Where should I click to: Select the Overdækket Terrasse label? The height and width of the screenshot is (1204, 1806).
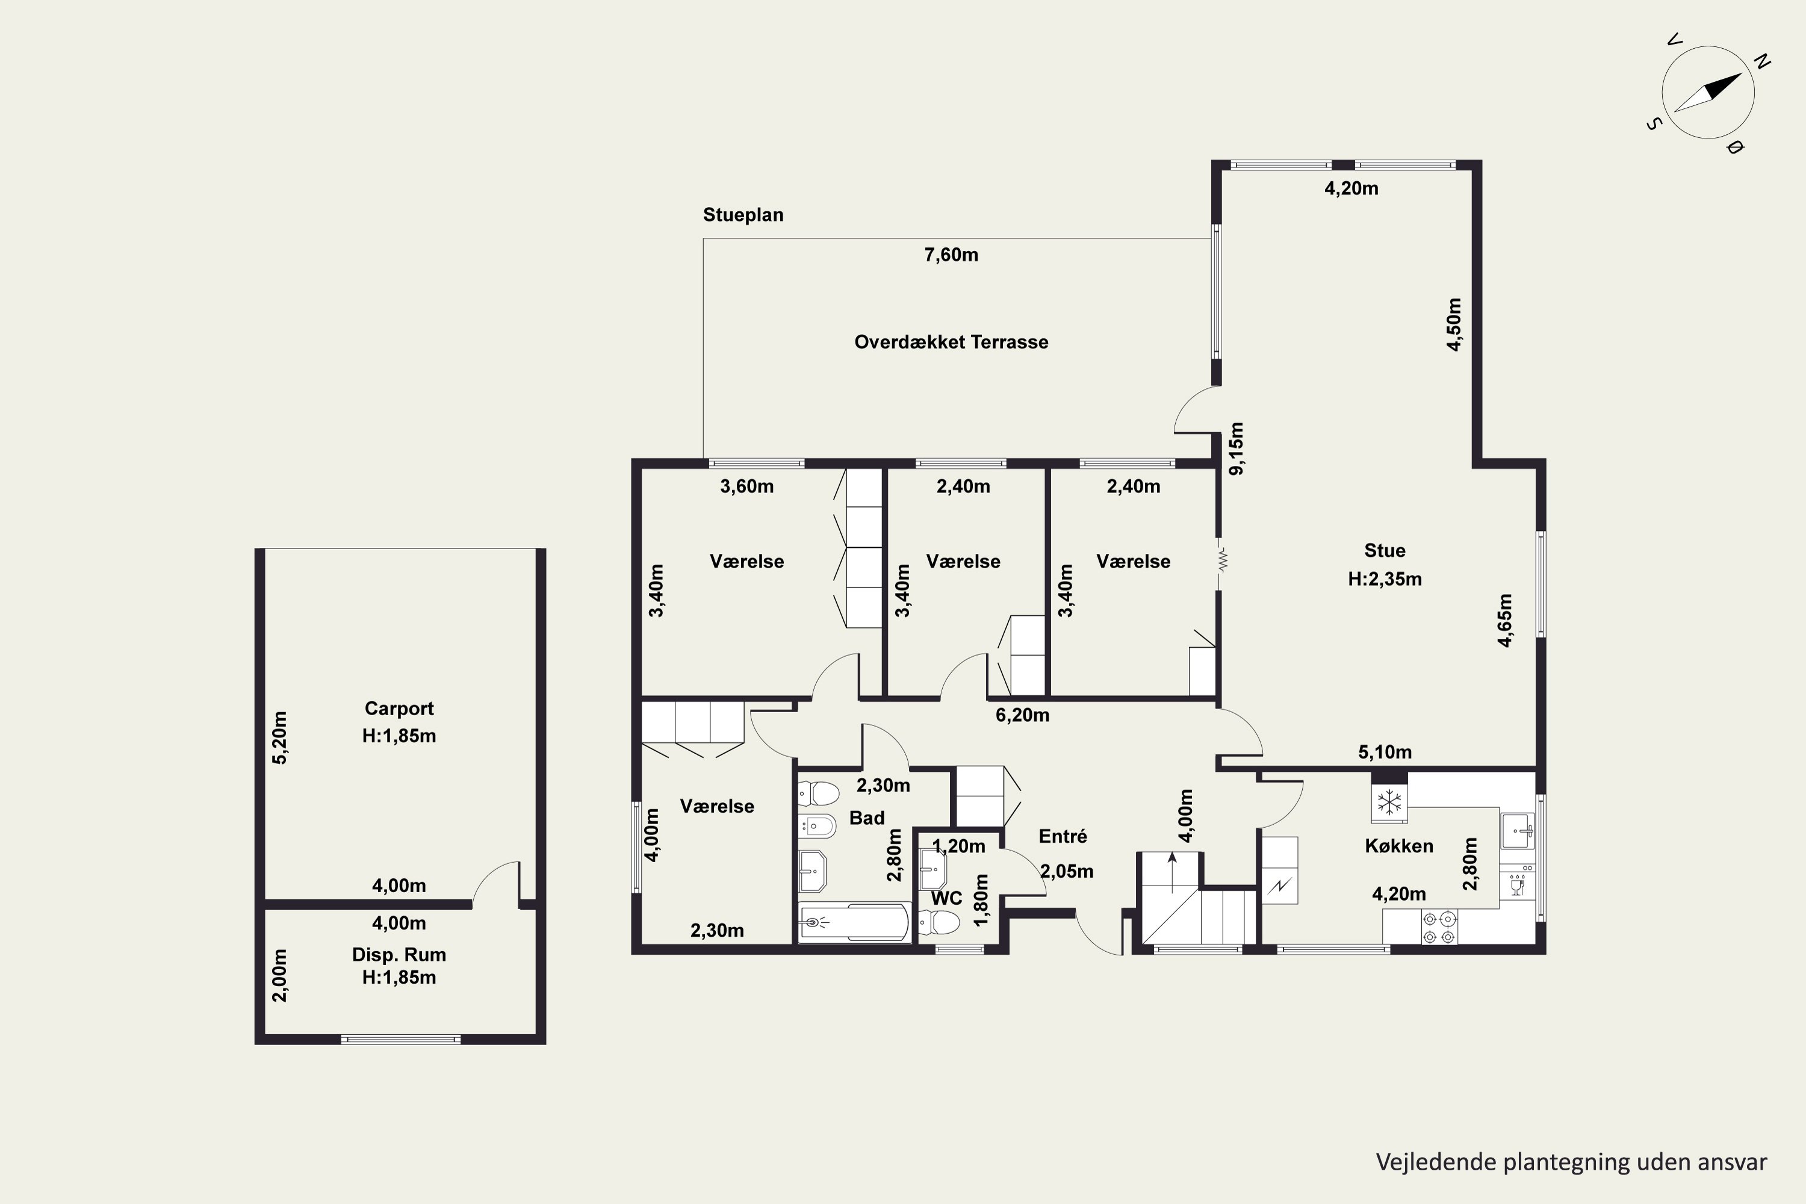(951, 342)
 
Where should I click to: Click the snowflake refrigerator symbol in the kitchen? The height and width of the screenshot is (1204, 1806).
(1389, 803)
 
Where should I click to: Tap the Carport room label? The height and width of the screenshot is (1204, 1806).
(399, 708)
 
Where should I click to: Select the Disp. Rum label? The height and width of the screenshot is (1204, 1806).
(399, 954)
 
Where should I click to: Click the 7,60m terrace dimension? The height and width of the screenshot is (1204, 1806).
(951, 255)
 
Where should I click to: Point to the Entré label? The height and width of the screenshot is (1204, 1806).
(1063, 836)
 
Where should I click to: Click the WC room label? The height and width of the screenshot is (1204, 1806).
(947, 898)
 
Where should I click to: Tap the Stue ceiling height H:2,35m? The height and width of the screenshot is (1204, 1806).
(1385, 579)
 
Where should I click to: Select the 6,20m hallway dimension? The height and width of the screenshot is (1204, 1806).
(1023, 715)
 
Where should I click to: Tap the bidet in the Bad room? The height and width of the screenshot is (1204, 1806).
(817, 826)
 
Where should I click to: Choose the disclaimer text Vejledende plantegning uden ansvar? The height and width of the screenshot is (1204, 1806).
(1572, 1162)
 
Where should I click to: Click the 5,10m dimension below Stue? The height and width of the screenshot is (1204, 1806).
(1385, 752)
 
